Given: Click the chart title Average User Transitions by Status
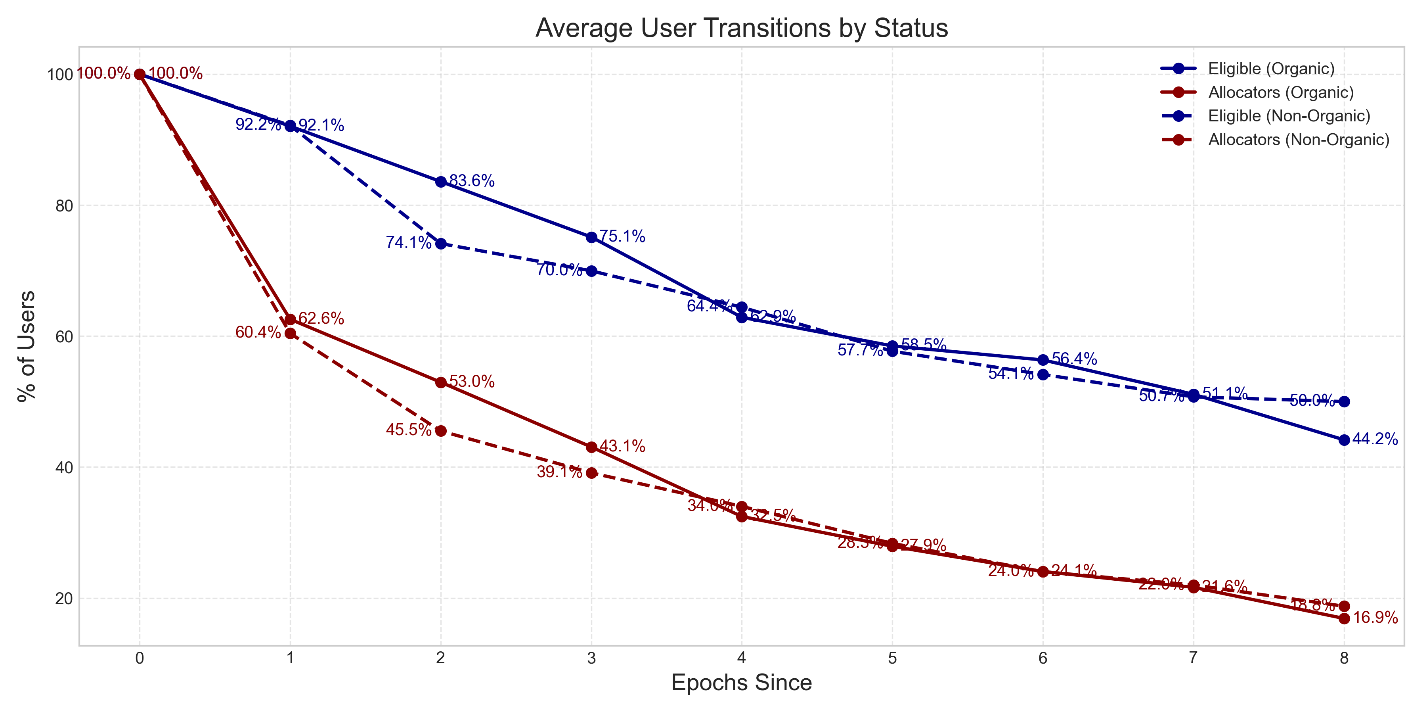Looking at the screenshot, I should point(741,28).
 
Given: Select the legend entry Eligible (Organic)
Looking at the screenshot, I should point(1271,69).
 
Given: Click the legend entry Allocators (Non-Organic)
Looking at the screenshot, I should point(1299,140).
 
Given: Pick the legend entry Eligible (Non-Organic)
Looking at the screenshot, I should point(1289,116).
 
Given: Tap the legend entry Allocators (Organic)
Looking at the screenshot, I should point(1280,92).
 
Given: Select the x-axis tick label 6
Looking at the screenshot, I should point(1043,658).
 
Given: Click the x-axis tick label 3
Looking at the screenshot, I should point(591,658).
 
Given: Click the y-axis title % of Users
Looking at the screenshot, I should point(27,346).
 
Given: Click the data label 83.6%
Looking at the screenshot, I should point(471,181).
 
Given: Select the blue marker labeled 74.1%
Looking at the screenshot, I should point(441,244).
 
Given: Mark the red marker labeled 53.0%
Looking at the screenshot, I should point(441,382).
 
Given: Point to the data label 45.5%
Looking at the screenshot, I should point(408,430).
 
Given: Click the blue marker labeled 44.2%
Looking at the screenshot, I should point(1344,440).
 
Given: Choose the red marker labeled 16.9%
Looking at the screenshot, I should point(1344,619).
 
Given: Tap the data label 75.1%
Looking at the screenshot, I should point(622,237).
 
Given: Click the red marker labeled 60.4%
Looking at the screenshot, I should point(290,333).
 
